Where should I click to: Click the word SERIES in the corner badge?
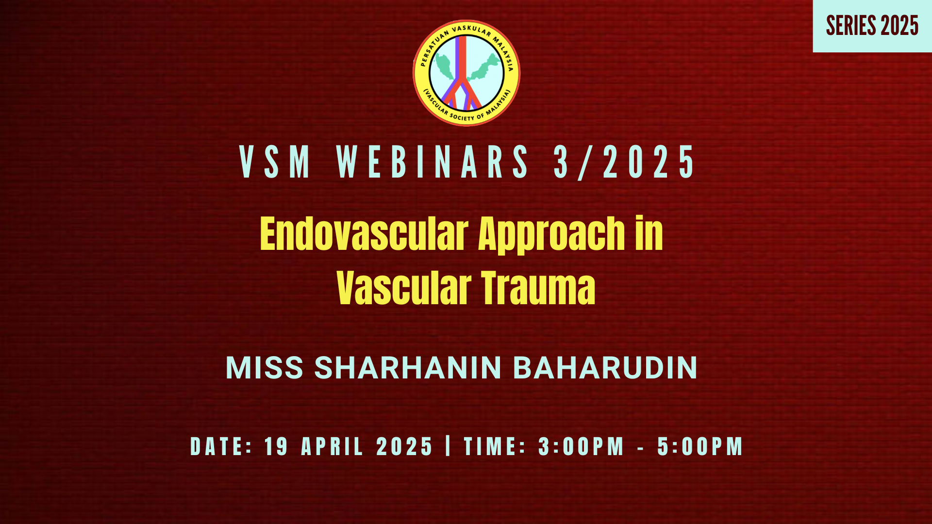pyautogui.click(x=851, y=26)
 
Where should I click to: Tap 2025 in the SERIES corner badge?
pyautogui.click(x=899, y=26)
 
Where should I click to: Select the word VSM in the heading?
pyautogui.click(x=275, y=162)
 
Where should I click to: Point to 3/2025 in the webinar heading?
pyautogui.click(x=625, y=162)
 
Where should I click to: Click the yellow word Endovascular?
pyautogui.click(x=364, y=234)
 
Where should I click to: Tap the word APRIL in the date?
pyautogui.click(x=332, y=446)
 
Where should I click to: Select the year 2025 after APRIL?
pyautogui.click(x=404, y=446)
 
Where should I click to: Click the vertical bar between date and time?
pyautogui.click(x=448, y=445)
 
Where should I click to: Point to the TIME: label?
pyautogui.click(x=495, y=446)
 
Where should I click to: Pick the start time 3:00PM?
pyautogui.click(x=581, y=446)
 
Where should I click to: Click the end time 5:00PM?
pyautogui.click(x=700, y=446)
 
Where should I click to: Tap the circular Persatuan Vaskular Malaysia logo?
pyautogui.click(x=466, y=73)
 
